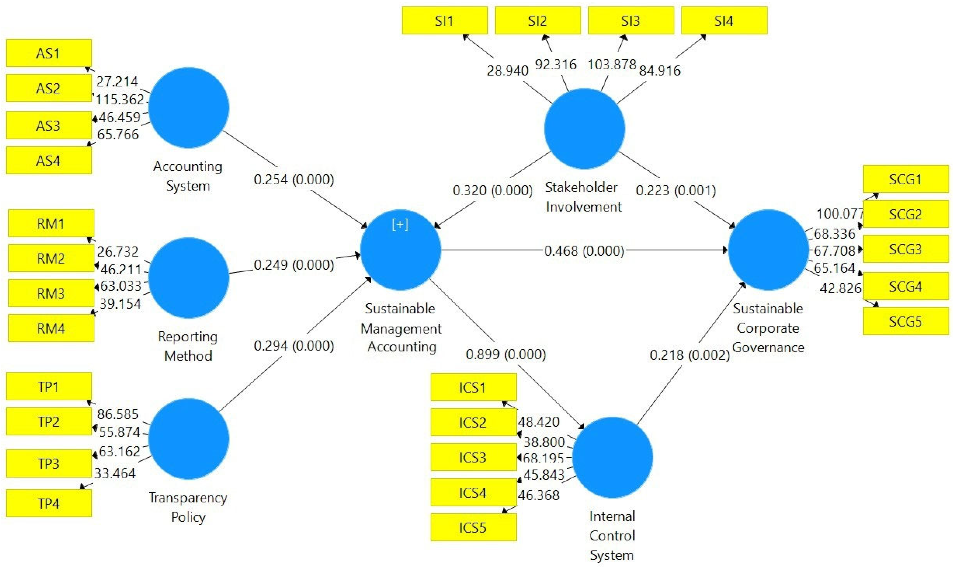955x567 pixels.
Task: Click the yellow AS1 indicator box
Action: click(x=49, y=53)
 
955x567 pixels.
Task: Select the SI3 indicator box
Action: click(x=631, y=21)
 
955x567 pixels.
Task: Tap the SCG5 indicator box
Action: click(x=905, y=321)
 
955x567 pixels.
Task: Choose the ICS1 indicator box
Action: click(x=473, y=387)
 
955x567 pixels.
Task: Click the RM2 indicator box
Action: click(x=51, y=258)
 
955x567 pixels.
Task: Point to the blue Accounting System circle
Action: click(x=189, y=108)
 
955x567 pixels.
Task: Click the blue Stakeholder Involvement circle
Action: click(x=584, y=129)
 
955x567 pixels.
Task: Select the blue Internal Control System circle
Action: click(x=612, y=457)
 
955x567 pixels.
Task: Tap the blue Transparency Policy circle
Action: click(x=189, y=439)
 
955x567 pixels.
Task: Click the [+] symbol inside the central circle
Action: click(x=400, y=225)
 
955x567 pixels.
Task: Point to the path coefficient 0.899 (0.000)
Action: click(x=506, y=354)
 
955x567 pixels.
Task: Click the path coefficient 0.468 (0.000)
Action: click(x=584, y=251)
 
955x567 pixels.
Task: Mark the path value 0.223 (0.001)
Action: click(x=675, y=190)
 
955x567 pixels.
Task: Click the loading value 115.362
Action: click(x=120, y=100)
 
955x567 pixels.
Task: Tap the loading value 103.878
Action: click(x=612, y=64)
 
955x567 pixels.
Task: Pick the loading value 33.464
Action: click(x=115, y=473)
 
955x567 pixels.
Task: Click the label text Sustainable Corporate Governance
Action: click(x=768, y=328)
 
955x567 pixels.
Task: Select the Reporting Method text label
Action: click(x=188, y=346)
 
